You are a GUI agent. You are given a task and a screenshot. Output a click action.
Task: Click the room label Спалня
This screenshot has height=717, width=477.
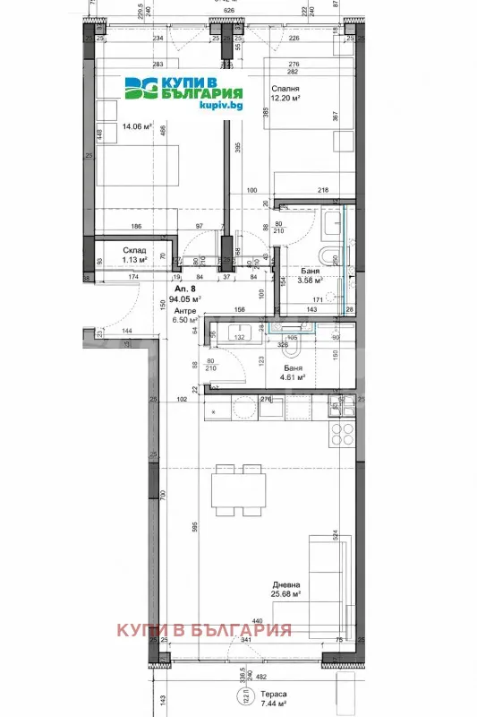tap(285, 89)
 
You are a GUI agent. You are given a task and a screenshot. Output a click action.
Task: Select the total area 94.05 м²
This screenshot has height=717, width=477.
tap(109, 300)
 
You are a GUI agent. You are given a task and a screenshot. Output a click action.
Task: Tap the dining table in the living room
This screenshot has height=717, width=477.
tap(228, 493)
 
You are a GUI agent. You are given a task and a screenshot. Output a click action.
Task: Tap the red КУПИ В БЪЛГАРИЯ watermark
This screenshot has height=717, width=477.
tap(204, 629)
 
